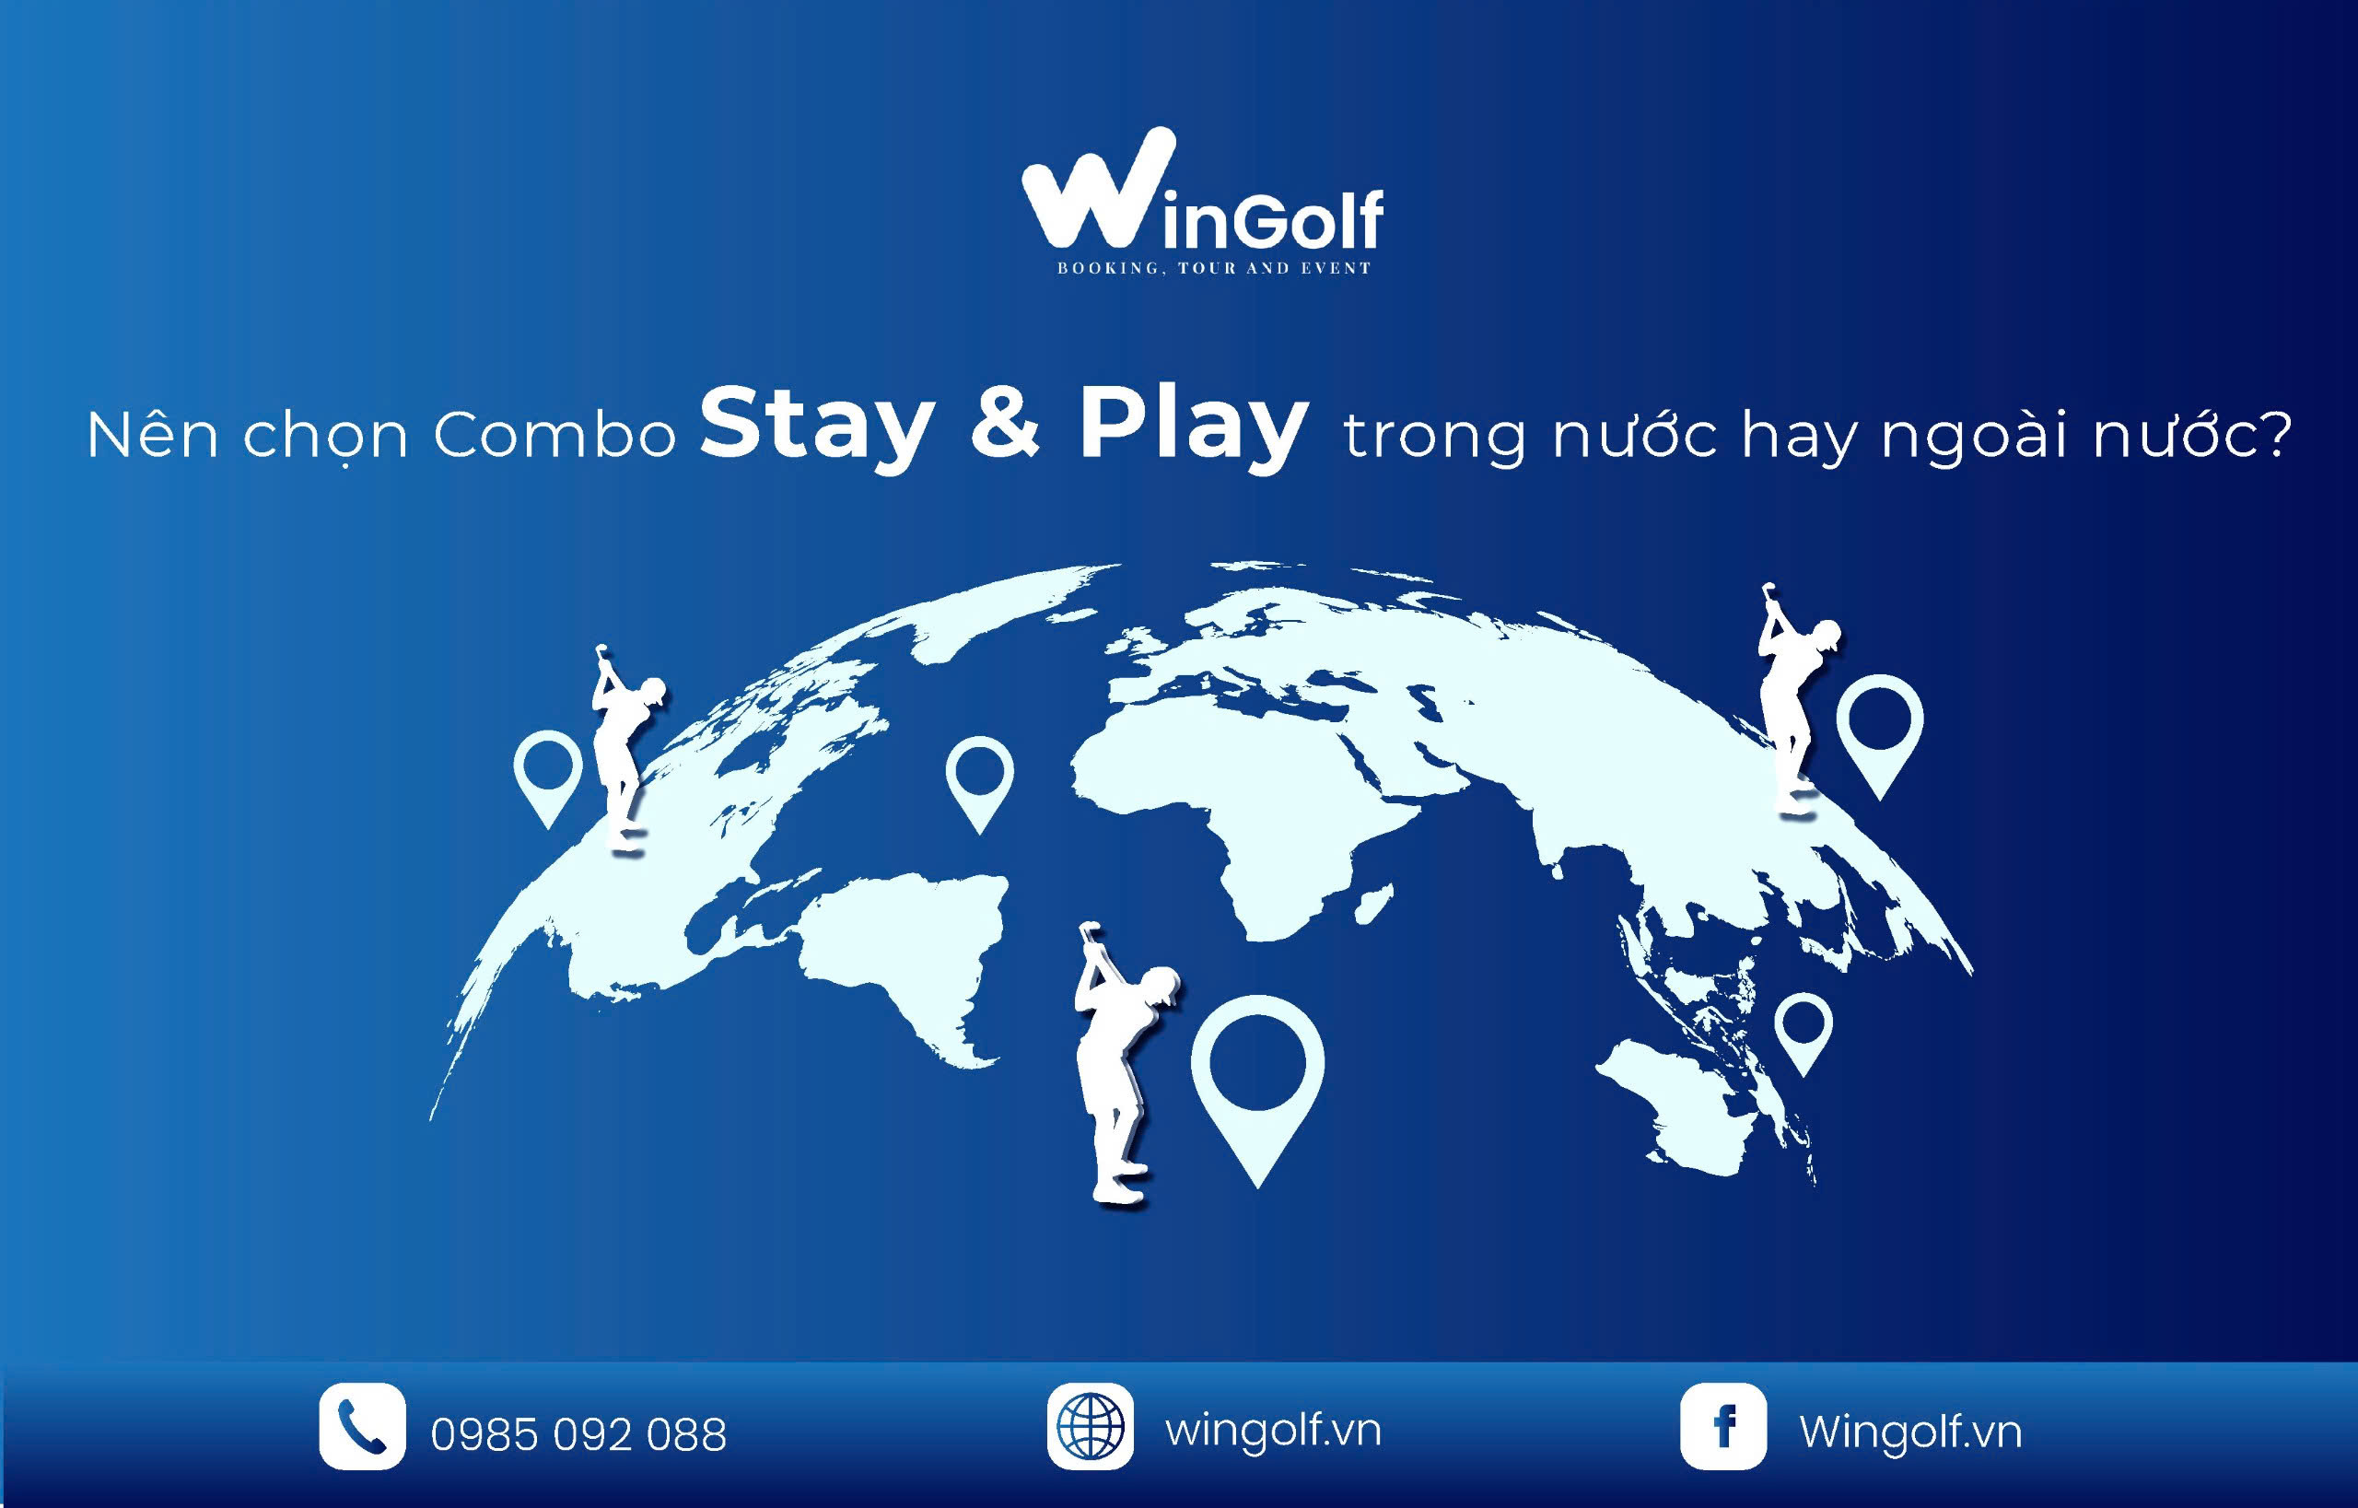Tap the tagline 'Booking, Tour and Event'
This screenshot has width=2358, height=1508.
coord(1213,268)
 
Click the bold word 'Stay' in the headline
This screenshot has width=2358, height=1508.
coord(817,427)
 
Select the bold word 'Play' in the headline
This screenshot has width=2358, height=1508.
coord(1193,427)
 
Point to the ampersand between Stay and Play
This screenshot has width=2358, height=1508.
coord(1006,425)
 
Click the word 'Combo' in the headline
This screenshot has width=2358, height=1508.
coord(554,435)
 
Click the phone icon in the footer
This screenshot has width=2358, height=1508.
coord(361,1426)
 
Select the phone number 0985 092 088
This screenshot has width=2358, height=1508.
coord(578,1434)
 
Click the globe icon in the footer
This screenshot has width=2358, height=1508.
coord(1090,1426)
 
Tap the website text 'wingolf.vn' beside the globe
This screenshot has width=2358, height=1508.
coord(1273,1430)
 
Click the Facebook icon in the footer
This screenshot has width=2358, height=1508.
coord(1723,1426)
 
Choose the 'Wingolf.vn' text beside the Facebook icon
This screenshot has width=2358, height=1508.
coord(1909,1431)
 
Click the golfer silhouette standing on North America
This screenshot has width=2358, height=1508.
coord(625,749)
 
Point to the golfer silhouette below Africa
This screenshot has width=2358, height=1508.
coord(1123,1062)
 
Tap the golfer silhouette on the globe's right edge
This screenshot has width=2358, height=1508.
coord(1795,700)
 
